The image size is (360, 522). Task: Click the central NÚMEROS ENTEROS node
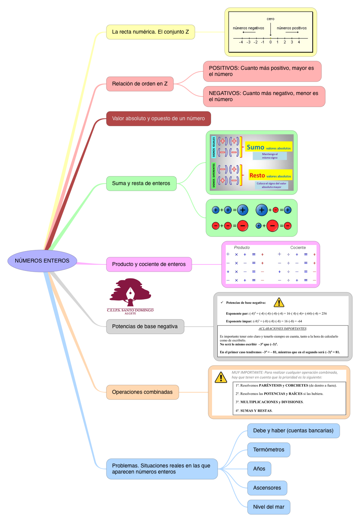tap(42, 261)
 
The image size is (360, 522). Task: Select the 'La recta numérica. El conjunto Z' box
tap(150, 32)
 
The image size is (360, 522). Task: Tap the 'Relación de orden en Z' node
tap(140, 84)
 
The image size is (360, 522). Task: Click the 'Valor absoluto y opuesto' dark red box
tap(158, 119)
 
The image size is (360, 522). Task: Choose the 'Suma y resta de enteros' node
tap(141, 184)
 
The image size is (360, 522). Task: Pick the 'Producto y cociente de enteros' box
tap(149, 264)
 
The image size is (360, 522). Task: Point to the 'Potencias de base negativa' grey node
tap(145, 327)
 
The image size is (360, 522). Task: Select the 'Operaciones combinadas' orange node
tap(142, 392)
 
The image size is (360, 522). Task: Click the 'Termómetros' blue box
tap(268, 450)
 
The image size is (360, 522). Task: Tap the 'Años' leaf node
tap(259, 469)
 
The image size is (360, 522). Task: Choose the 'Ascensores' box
tap(267, 488)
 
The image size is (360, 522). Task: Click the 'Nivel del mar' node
tap(268, 507)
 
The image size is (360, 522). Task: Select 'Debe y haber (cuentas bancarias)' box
tap(293, 431)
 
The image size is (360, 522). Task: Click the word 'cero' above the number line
tap(270, 19)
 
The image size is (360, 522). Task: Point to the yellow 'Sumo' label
tap(256, 147)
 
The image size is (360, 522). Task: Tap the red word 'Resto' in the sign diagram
tap(257, 176)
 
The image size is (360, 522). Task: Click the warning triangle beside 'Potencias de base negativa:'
tap(279, 303)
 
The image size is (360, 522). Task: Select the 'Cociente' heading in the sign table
tap(298, 248)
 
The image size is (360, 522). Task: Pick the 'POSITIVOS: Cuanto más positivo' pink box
tap(262, 71)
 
